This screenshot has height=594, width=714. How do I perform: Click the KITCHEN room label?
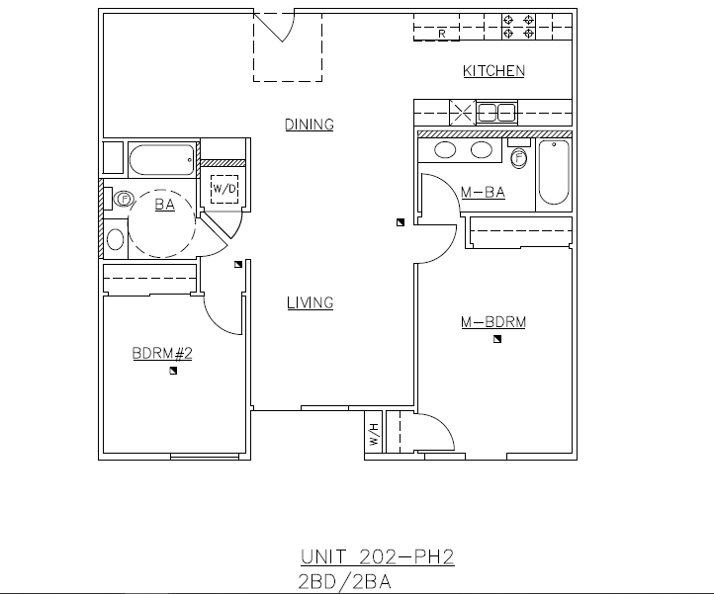point(493,71)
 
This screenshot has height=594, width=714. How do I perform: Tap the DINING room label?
point(310,125)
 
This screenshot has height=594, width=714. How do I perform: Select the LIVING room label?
point(310,303)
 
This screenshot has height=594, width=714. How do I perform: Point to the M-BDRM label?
point(492,322)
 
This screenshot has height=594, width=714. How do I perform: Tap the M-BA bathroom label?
point(483,193)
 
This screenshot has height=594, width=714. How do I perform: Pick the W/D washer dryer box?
point(224,188)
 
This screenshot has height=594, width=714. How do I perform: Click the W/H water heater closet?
point(374,435)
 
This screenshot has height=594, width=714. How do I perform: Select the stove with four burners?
point(519,26)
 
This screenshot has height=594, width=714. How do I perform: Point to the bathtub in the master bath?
point(554,173)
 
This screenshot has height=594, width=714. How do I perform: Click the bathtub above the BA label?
point(162,160)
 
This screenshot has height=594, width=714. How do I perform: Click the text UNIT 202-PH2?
point(377,557)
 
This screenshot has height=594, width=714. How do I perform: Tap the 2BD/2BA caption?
point(345,581)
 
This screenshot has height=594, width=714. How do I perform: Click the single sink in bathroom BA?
point(116,238)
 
